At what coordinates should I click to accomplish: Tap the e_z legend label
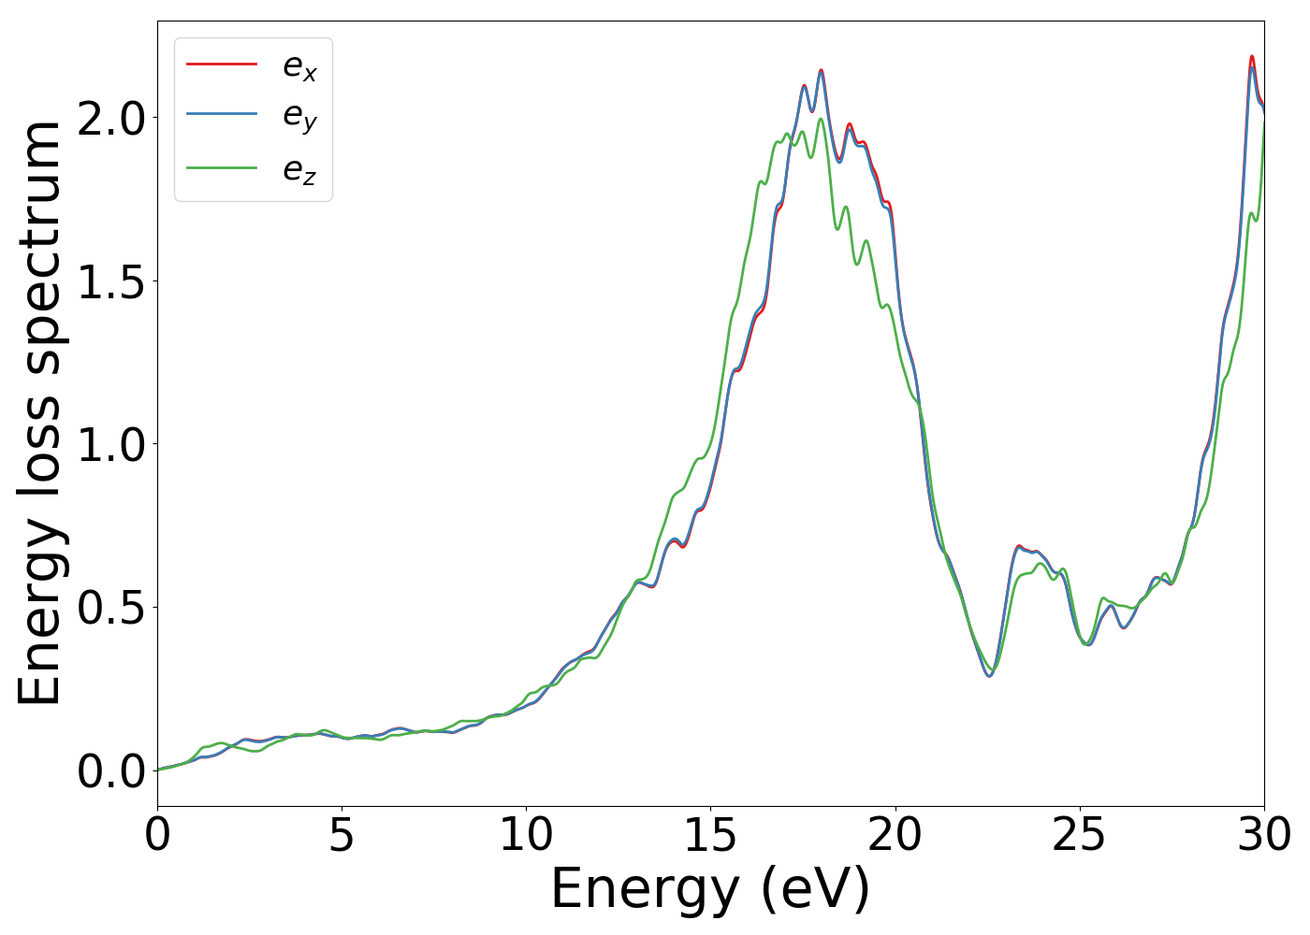pyautogui.click(x=299, y=169)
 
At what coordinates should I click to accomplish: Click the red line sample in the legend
pyautogui.click(x=222, y=64)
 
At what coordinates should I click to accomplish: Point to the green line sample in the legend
pyautogui.click(x=222, y=168)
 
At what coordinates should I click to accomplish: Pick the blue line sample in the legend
pyautogui.click(x=222, y=114)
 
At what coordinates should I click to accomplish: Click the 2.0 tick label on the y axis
pyautogui.click(x=111, y=119)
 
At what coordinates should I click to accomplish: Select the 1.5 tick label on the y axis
pyautogui.click(x=111, y=281)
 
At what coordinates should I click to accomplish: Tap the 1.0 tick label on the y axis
pyautogui.click(x=111, y=444)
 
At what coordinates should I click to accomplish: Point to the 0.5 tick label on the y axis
pyautogui.click(x=111, y=608)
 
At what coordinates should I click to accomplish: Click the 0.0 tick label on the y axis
pyautogui.click(x=111, y=770)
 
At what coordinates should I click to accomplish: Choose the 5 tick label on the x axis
pyautogui.click(x=342, y=834)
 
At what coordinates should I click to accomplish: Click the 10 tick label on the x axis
pyautogui.click(x=526, y=834)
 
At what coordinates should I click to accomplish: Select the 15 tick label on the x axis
pyautogui.click(x=710, y=834)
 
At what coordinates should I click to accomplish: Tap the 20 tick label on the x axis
pyautogui.click(x=895, y=834)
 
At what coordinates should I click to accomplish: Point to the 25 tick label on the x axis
pyautogui.click(x=1080, y=834)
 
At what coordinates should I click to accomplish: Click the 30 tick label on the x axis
pyautogui.click(x=1264, y=834)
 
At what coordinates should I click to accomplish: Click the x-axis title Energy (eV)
pyautogui.click(x=710, y=888)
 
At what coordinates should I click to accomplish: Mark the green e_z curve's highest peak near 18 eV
pyautogui.click(x=821, y=119)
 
